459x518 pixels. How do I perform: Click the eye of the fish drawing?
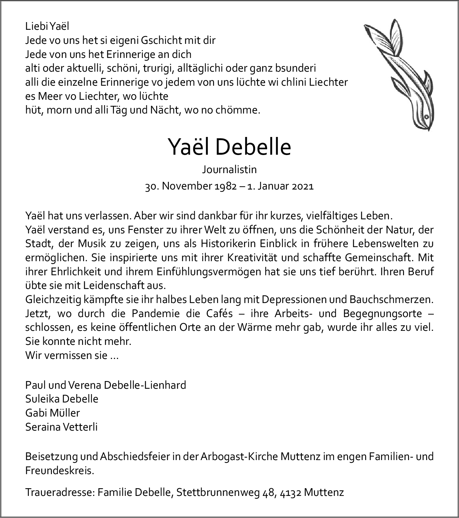[426, 117]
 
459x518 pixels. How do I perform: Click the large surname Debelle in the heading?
[253, 147]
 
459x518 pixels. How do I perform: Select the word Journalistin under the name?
[229, 169]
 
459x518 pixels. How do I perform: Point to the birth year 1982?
[228, 186]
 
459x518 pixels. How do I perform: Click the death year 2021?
[303, 186]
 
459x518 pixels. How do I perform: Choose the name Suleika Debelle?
[62, 399]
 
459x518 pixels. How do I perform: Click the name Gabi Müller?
[53, 413]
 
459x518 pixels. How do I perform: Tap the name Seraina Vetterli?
[61, 427]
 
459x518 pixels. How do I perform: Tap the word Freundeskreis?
[60, 470]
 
